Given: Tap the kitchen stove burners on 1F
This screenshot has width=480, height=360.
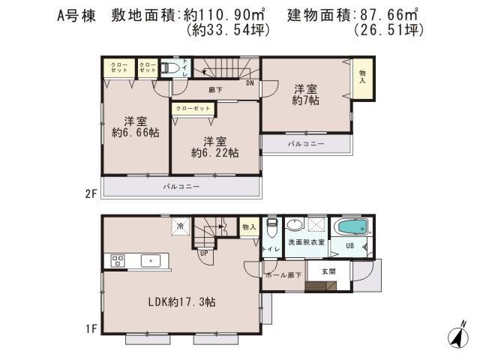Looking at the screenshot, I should (x=117, y=260).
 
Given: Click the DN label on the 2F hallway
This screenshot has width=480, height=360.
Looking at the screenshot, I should (x=250, y=83).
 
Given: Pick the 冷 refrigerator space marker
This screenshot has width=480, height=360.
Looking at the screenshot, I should (x=180, y=225).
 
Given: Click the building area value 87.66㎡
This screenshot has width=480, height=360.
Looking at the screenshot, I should (x=388, y=15).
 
